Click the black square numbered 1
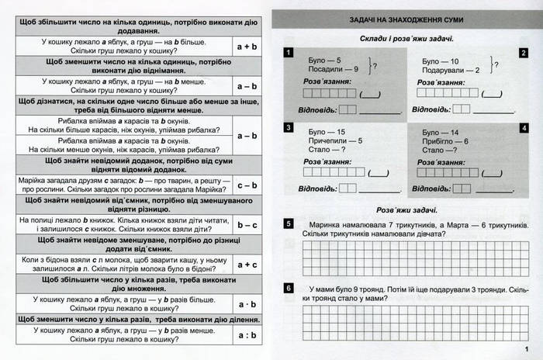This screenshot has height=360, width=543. tap(288, 53)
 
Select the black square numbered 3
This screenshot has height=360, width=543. tap(288, 128)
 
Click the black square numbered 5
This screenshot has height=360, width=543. tap(288, 224)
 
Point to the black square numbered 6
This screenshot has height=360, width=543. tap(288, 289)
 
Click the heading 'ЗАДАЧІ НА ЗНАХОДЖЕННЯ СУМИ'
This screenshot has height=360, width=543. tap(407, 18)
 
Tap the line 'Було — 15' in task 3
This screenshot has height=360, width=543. tap(327, 132)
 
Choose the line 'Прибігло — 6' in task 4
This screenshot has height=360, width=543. tap(447, 142)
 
